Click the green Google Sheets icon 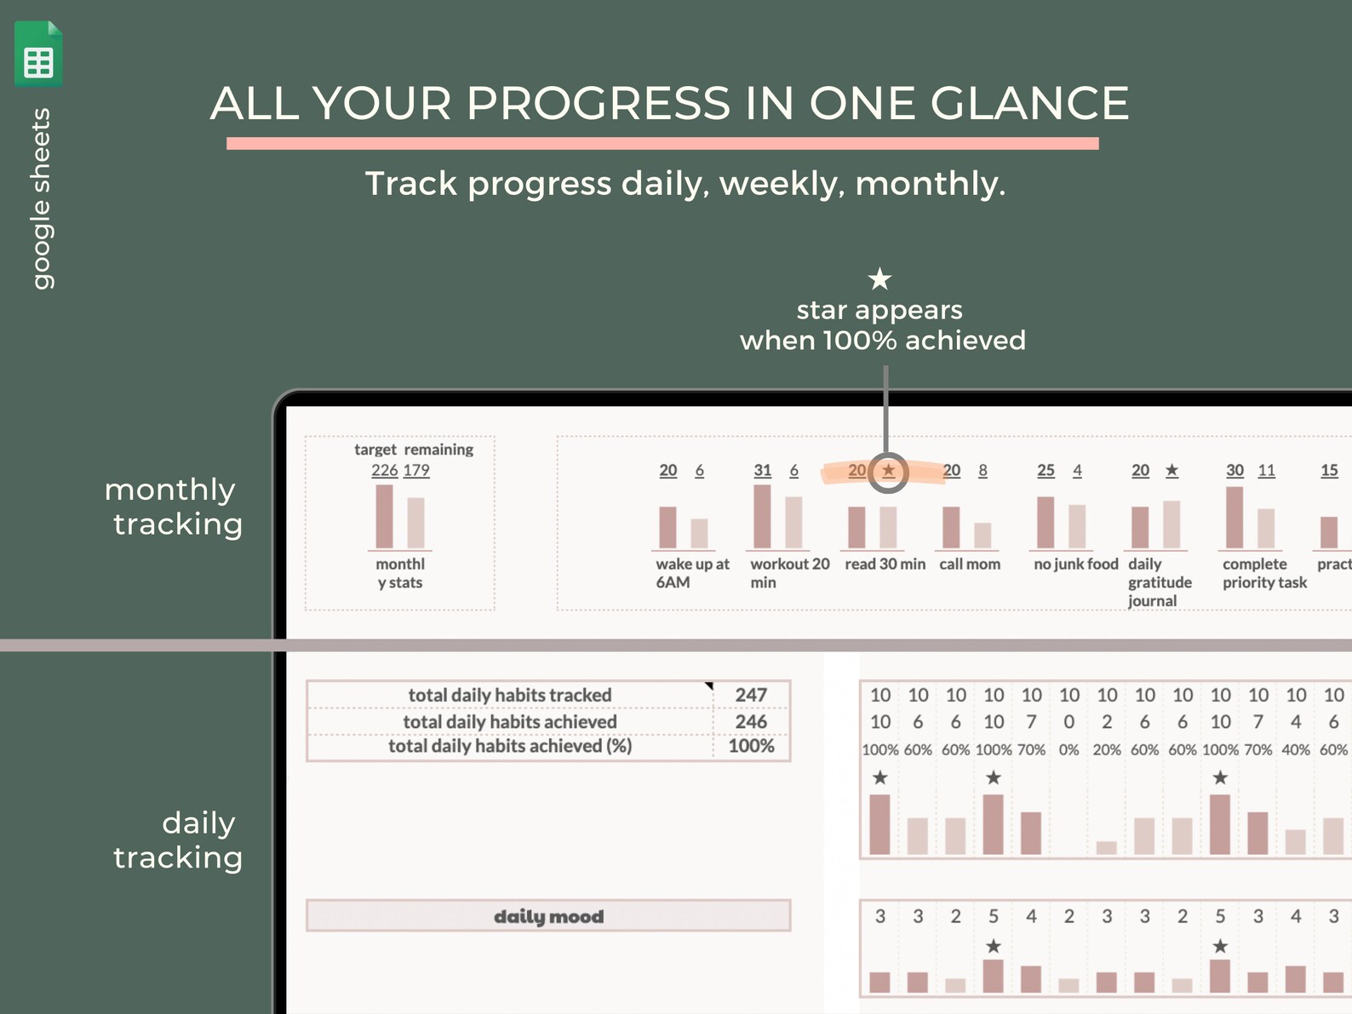pyautogui.click(x=38, y=54)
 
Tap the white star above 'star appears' pyautogui.click(x=879, y=278)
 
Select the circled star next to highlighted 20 pyautogui.click(x=889, y=471)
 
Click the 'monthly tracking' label pyautogui.click(x=175, y=507)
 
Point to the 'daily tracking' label pyautogui.click(x=179, y=840)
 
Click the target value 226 pyautogui.click(x=384, y=470)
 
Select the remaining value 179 pyautogui.click(x=416, y=470)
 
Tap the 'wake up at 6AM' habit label pyautogui.click(x=691, y=573)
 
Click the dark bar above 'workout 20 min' pyautogui.click(x=762, y=516)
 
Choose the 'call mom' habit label pyautogui.click(x=970, y=564)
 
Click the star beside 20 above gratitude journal pyautogui.click(x=1172, y=471)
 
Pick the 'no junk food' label pyautogui.click(x=1075, y=564)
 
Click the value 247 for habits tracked pyautogui.click(x=751, y=695)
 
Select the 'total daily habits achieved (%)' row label pyautogui.click(x=510, y=746)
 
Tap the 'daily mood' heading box pyautogui.click(x=548, y=916)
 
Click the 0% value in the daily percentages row pyautogui.click(x=1068, y=750)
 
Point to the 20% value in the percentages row pyautogui.click(x=1107, y=750)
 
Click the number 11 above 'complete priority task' pyautogui.click(x=1266, y=471)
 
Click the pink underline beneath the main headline pyautogui.click(x=662, y=144)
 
